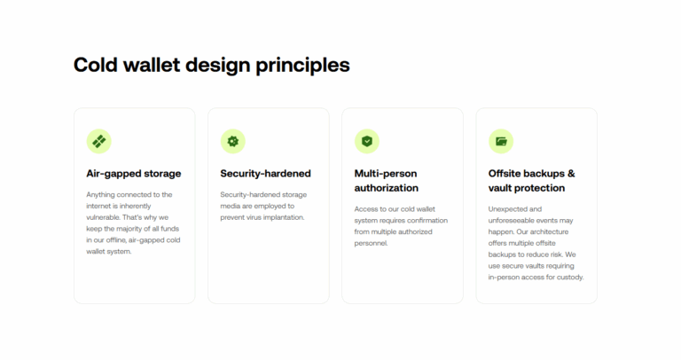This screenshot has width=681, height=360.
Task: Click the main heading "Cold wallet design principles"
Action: pyautogui.click(x=211, y=65)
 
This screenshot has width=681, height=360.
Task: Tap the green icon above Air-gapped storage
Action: pyautogui.click(x=98, y=141)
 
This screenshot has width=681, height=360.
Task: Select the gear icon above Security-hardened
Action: pyautogui.click(x=232, y=141)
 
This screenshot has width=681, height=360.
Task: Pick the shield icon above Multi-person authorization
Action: pyautogui.click(x=367, y=141)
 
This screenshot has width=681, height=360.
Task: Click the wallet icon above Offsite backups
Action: pyautogui.click(x=501, y=141)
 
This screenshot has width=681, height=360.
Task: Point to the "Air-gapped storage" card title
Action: pyautogui.click(x=133, y=174)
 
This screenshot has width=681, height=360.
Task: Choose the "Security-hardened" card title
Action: pyautogui.click(x=265, y=174)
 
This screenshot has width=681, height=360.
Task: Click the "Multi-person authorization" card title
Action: pyautogui.click(x=387, y=181)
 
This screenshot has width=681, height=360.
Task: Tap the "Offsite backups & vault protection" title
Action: pyautogui.click(x=531, y=181)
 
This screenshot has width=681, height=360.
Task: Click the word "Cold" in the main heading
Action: pyautogui.click(x=95, y=65)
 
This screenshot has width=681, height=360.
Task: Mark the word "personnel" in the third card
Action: pyautogui.click(x=371, y=243)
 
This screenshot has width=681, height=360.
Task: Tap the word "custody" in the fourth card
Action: pyautogui.click(x=567, y=278)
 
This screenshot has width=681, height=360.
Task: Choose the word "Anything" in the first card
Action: pyautogui.click(x=104, y=194)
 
